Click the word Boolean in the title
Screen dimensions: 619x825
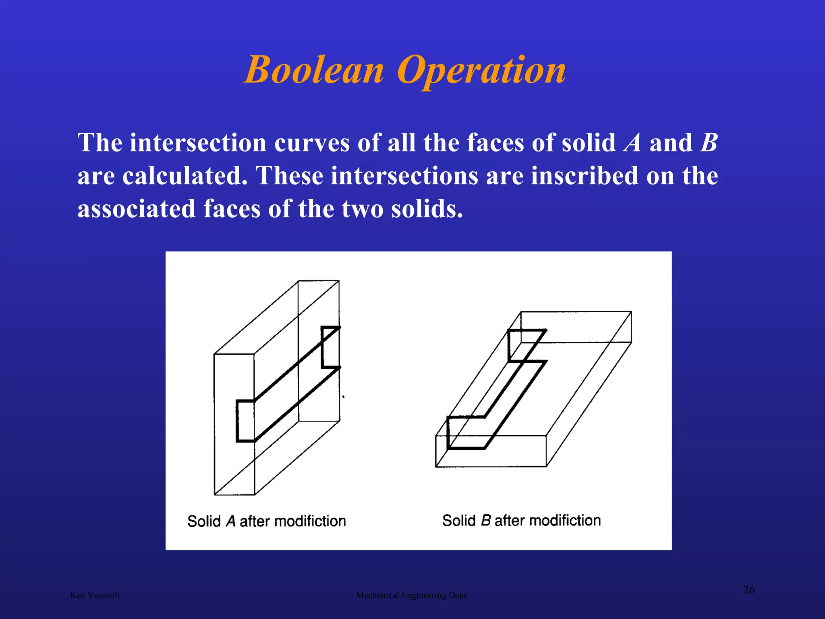click(314, 71)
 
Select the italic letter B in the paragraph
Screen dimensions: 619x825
click(709, 143)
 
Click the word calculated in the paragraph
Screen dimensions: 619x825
click(185, 176)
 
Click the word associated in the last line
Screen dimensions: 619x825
click(137, 209)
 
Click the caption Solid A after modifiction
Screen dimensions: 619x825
click(267, 521)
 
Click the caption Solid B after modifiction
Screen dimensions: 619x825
click(522, 521)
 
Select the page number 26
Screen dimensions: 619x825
click(749, 590)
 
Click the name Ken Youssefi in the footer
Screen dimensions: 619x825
click(95, 595)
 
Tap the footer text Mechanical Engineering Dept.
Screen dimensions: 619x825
click(412, 595)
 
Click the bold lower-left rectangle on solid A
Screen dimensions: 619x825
click(245, 421)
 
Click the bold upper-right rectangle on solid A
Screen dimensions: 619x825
click(330, 347)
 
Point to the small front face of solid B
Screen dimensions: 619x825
click(491, 451)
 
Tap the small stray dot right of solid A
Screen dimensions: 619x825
click(343, 397)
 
